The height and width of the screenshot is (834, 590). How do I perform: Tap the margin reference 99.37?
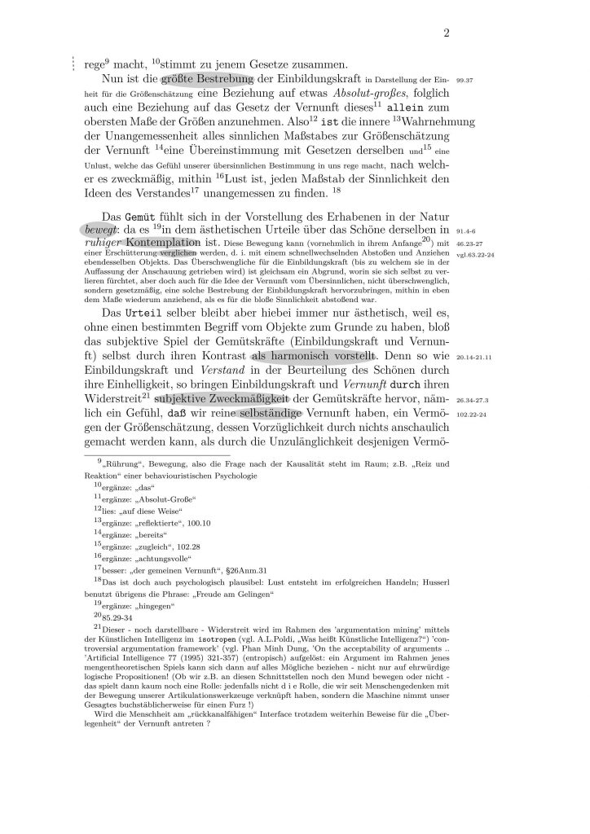pos(465,81)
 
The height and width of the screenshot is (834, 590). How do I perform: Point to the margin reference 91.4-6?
pos(467,230)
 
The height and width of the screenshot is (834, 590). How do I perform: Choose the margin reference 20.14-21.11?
pos(476,357)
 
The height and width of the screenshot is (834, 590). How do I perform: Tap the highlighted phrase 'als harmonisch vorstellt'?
pos(314,356)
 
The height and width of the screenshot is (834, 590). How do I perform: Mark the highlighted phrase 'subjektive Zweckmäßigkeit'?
pos(222,399)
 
